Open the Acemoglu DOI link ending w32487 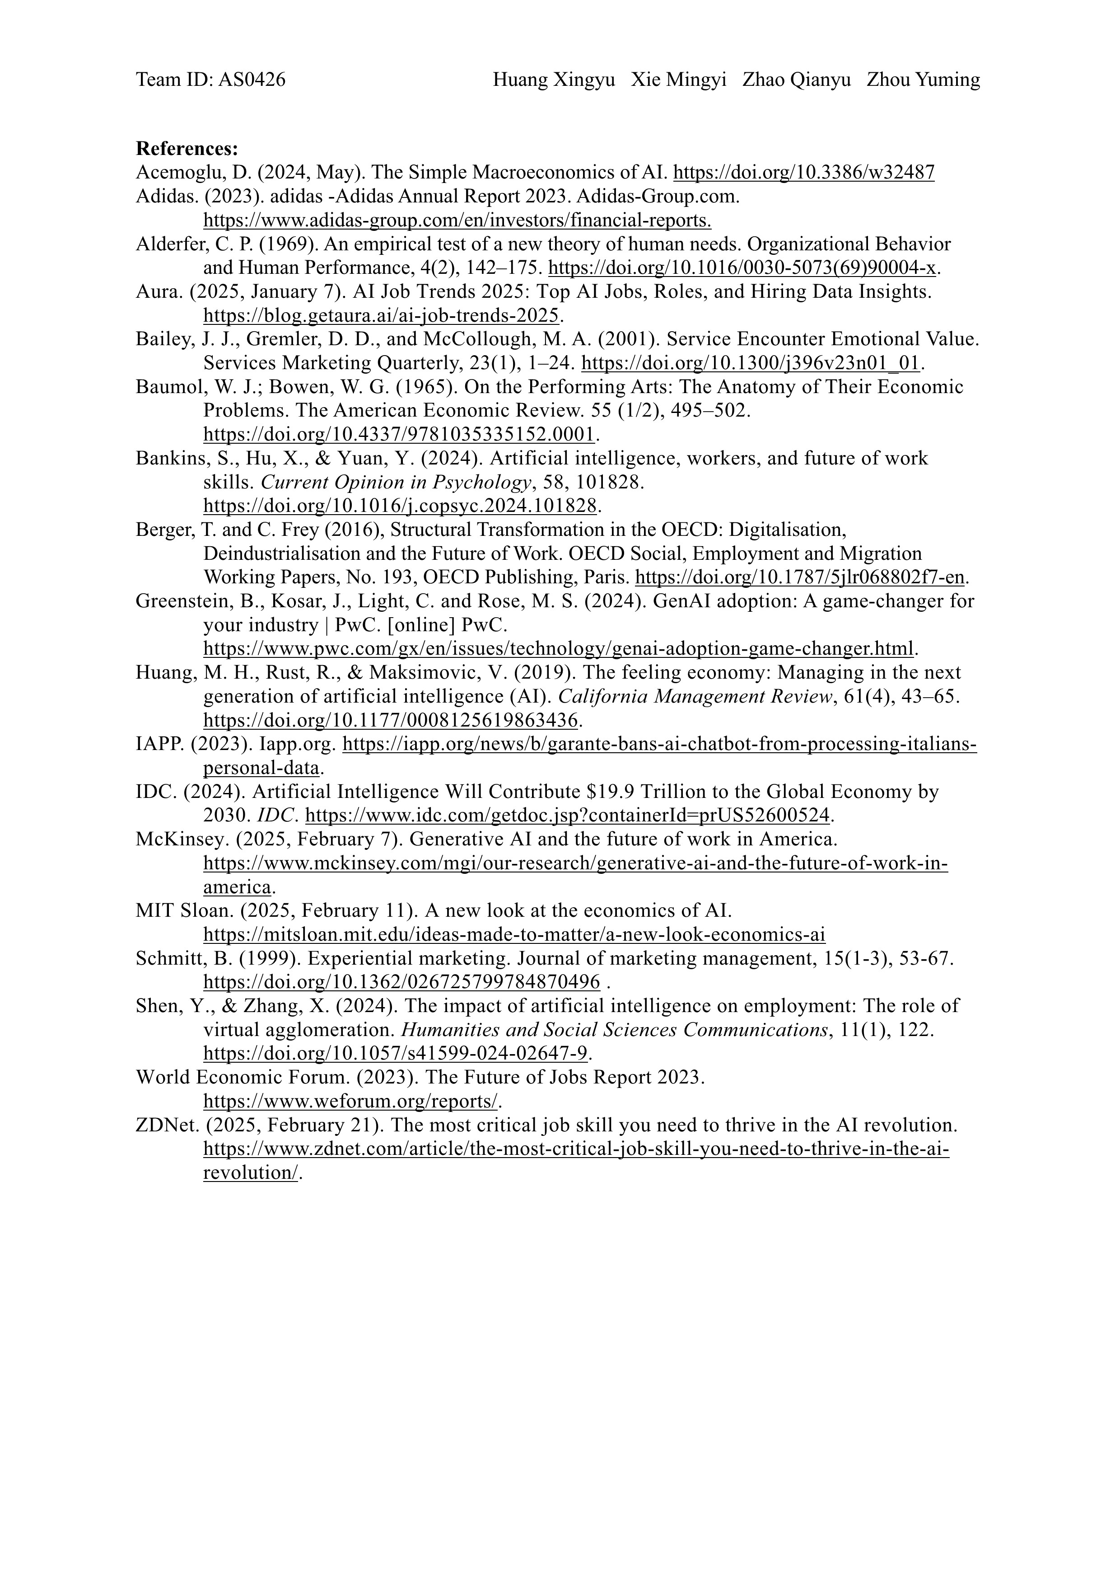(803, 173)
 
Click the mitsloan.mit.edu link (514, 935)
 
